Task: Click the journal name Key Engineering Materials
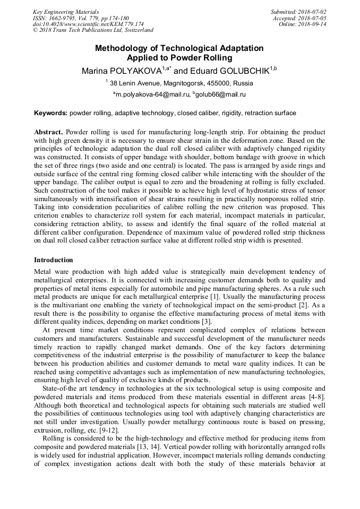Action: pyautogui.click(x=66, y=12)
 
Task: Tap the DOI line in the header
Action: pyautogui.click(x=88, y=24)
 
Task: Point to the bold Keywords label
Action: pyautogui.click(x=50, y=113)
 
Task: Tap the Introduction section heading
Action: pyautogui.click(x=54, y=260)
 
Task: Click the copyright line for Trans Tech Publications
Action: pyautogui.click(x=93, y=30)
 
